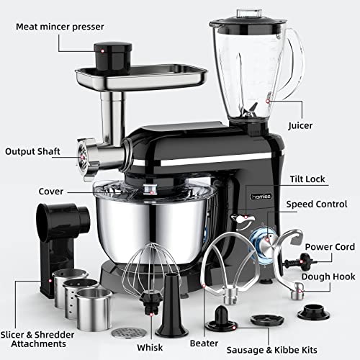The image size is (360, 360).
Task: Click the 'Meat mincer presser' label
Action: pyautogui.click(x=60, y=27)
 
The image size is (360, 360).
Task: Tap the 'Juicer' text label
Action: pyautogui.click(x=300, y=125)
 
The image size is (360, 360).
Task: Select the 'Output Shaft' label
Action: pyautogui.click(x=32, y=151)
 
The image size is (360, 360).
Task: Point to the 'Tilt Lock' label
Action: pyautogui.click(x=307, y=179)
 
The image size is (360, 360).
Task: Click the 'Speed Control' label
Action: pyautogui.click(x=317, y=204)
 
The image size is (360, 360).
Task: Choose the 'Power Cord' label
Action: pyautogui.click(x=330, y=247)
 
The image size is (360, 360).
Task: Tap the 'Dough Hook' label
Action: pyautogui.click(x=328, y=276)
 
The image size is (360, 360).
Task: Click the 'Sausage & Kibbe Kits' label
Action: pyautogui.click(x=271, y=350)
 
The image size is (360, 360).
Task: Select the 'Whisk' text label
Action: pyautogui.click(x=150, y=348)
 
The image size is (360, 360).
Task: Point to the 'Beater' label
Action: pyautogui.click(x=204, y=343)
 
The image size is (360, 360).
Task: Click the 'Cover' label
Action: pyautogui.click(x=51, y=192)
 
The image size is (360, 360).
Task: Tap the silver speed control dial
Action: pyautogui.click(x=268, y=244)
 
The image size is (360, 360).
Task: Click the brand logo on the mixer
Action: pyautogui.click(x=261, y=197)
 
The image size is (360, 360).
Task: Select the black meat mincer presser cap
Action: pyautogui.click(x=113, y=57)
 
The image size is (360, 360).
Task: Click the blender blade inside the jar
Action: pyautogui.click(x=251, y=111)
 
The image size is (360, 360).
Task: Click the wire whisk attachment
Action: pyautogui.click(x=150, y=275)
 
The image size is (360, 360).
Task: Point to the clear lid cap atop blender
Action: pyautogui.click(x=249, y=14)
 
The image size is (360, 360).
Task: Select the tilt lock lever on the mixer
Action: pyautogui.click(x=243, y=219)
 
